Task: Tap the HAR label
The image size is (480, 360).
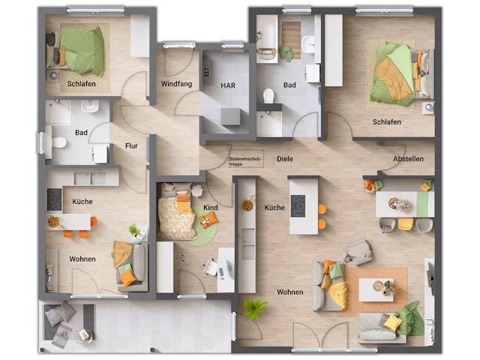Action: (228, 85)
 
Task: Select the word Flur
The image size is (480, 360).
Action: (131, 146)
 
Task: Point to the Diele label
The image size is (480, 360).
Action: (285, 159)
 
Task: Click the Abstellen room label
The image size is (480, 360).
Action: (408, 159)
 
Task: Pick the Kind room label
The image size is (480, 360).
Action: (211, 206)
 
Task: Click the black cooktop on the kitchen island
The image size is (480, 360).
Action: (298, 205)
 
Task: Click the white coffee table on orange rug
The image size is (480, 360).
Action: (375, 289)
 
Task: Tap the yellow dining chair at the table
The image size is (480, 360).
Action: (405, 223)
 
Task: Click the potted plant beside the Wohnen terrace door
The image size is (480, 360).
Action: (254, 307)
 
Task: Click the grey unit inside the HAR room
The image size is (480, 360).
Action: (231, 117)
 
